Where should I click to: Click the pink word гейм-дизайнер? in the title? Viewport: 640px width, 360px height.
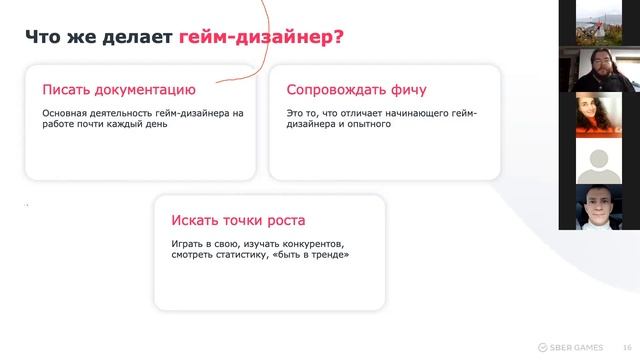pos(263,39)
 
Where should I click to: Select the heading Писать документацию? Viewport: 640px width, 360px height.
pos(118,89)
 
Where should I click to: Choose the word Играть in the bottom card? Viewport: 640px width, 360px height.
pos(186,243)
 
